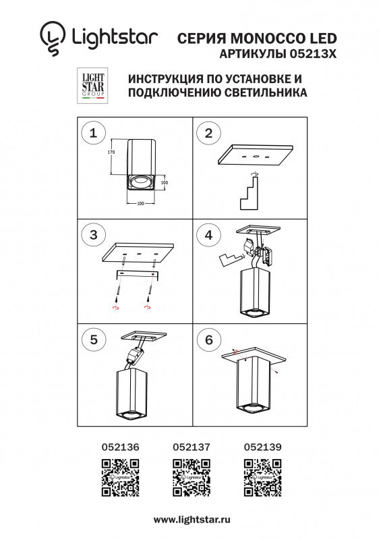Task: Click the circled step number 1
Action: tap(93, 133)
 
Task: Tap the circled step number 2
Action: tap(208, 133)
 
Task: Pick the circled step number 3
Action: tap(93, 235)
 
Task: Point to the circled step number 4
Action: tap(208, 235)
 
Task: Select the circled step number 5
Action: tap(93, 340)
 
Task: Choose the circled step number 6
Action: tap(208, 340)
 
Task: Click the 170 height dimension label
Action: tap(112, 153)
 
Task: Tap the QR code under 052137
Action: tap(192, 477)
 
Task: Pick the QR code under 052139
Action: tap(262, 477)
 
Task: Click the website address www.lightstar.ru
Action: tap(192, 519)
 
